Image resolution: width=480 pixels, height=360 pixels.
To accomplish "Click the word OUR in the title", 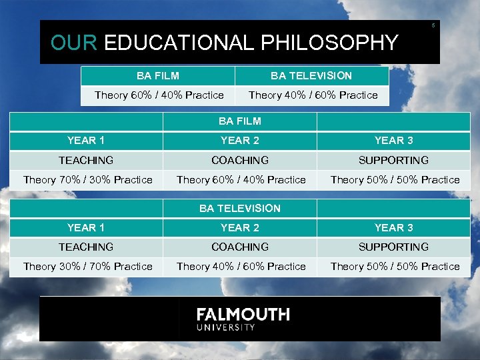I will pyautogui.click(x=74, y=43).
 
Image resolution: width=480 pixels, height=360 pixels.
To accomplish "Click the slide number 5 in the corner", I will pyautogui.click(x=433, y=25).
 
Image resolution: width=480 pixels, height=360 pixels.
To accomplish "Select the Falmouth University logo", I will pyautogui.click(x=243, y=319).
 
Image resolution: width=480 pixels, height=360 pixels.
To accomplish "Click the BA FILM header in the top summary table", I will pyautogui.click(x=158, y=76).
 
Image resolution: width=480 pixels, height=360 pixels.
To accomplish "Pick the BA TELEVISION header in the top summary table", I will pyautogui.click(x=311, y=76).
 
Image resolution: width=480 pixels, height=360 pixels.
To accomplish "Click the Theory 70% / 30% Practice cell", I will pyautogui.click(x=87, y=179).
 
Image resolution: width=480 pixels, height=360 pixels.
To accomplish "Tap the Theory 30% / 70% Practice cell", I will pyautogui.click(x=87, y=266).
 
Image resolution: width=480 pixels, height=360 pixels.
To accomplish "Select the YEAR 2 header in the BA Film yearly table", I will pyautogui.click(x=240, y=141).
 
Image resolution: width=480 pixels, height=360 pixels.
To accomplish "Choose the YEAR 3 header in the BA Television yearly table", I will pyautogui.click(x=393, y=227).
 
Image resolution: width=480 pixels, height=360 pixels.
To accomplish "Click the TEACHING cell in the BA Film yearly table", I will pyautogui.click(x=86, y=160).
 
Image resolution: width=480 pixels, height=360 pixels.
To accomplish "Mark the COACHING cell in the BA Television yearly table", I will pyautogui.click(x=240, y=247).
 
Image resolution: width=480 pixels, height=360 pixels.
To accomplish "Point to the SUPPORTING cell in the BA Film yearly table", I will pyautogui.click(x=393, y=160).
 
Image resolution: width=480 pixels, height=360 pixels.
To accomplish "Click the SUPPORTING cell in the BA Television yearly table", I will pyautogui.click(x=393, y=247).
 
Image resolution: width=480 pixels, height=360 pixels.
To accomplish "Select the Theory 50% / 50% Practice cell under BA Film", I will pyautogui.click(x=395, y=179).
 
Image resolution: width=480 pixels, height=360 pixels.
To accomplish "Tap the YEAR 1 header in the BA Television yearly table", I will pyautogui.click(x=86, y=227).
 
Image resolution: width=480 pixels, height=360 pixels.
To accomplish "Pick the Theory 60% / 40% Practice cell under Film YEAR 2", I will pyautogui.click(x=241, y=179).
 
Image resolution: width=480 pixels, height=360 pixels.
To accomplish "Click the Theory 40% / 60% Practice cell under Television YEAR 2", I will pyautogui.click(x=241, y=266).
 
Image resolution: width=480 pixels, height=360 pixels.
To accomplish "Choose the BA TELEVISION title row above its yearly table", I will pyautogui.click(x=240, y=208).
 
